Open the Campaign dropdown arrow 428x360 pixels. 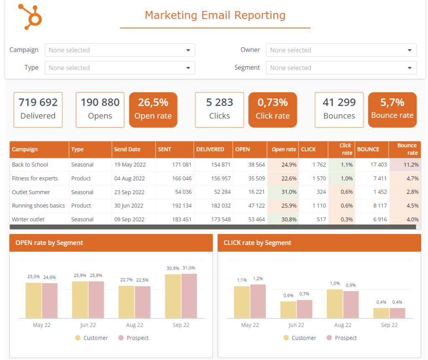click(188, 50)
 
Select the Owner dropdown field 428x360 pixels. click(341, 50)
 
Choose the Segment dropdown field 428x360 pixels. click(341, 68)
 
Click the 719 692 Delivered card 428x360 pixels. click(38, 110)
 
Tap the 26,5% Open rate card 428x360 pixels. click(153, 110)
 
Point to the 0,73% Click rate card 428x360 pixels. click(273, 110)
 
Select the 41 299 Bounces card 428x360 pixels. click(339, 110)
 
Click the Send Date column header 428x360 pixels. click(127, 149)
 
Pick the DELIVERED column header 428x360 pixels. click(210, 149)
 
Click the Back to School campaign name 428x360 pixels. click(30, 165)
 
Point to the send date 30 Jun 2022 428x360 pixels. click(129, 206)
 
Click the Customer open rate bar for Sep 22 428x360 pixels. click(173, 296)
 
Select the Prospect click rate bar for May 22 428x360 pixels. click(258, 301)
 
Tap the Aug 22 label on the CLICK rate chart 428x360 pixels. click(343, 325)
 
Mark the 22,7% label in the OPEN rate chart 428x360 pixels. click(126, 280)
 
